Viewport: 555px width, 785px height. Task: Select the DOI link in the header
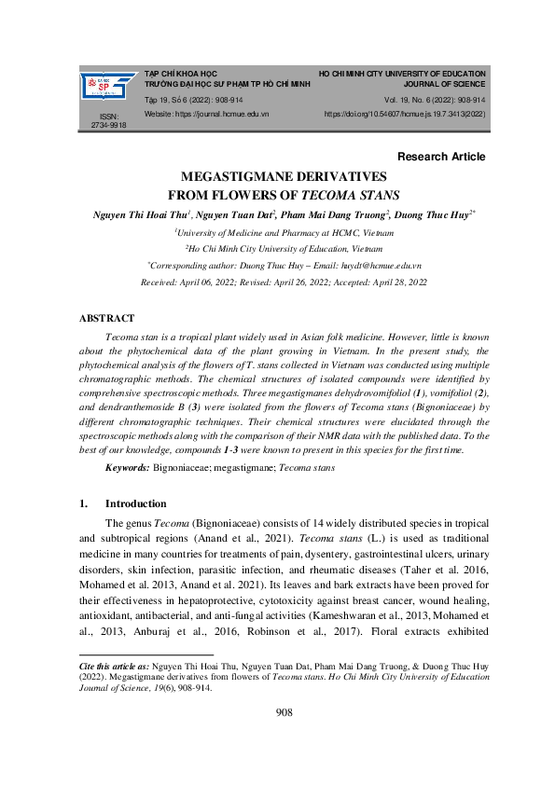click(x=405, y=114)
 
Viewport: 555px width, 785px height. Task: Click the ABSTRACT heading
click(x=107, y=318)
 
